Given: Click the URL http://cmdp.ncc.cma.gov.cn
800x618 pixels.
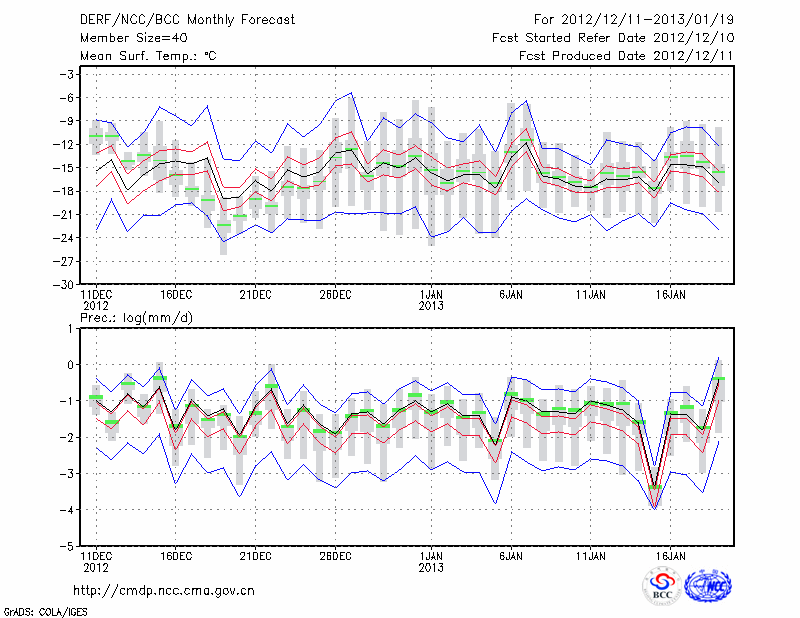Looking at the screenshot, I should (x=164, y=590).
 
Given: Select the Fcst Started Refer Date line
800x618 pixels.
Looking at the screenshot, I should (x=613, y=38).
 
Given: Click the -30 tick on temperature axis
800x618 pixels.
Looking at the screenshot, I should (x=65, y=284).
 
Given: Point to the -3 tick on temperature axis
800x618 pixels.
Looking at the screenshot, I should (x=68, y=74).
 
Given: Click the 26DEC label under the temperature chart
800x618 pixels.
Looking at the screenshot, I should (x=335, y=295).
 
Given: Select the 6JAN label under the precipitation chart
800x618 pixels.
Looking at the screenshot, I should (x=511, y=557).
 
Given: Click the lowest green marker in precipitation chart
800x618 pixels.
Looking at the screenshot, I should (x=655, y=488).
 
